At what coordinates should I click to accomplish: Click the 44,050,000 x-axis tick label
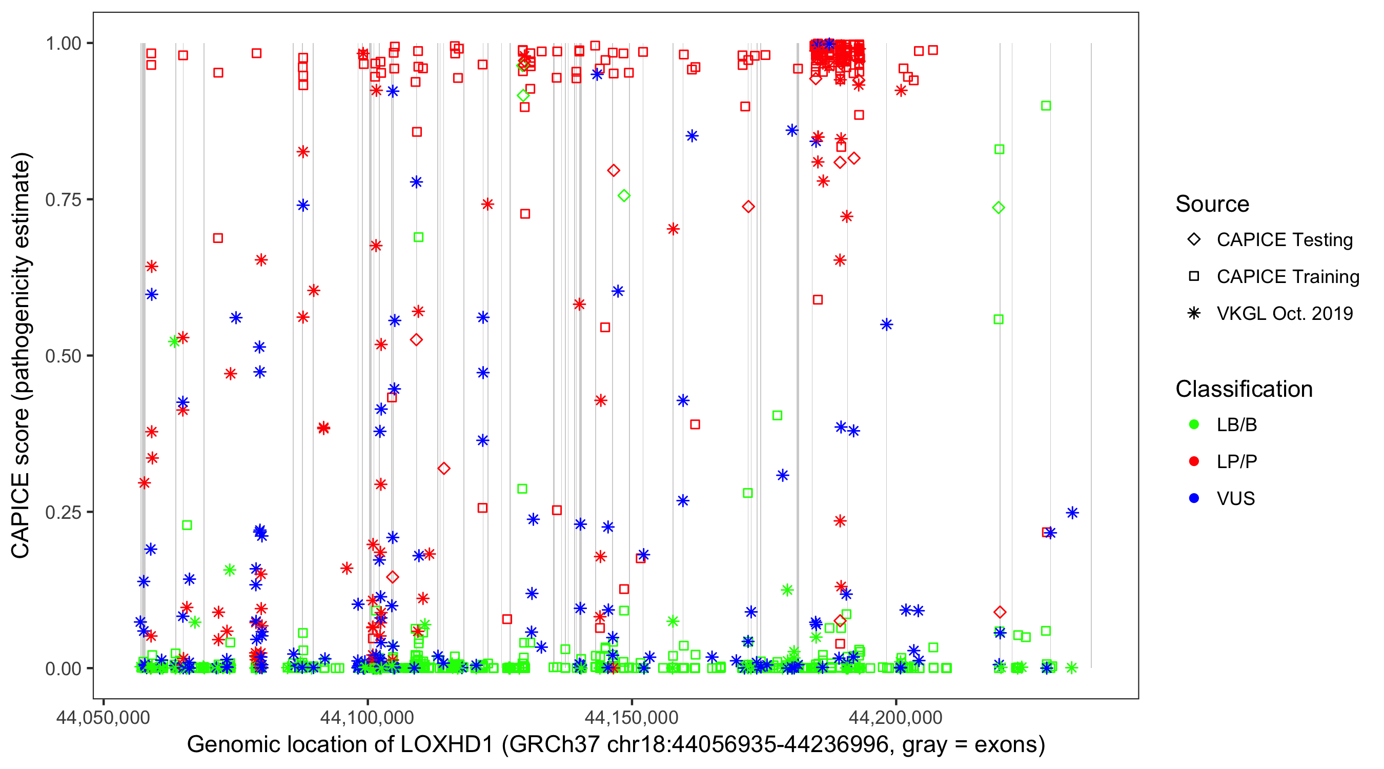coord(103,717)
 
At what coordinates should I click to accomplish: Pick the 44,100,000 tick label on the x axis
coord(368,717)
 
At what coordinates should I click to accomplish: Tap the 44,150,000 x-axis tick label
coord(632,717)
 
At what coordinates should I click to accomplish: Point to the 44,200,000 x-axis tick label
coord(895,717)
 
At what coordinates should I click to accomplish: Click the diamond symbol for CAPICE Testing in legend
coord(1194,240)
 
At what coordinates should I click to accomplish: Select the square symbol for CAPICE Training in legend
coord(1194,277)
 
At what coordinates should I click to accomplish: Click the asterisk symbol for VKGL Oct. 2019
coord(1194,313)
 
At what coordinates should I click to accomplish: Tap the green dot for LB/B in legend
coord(1194,424)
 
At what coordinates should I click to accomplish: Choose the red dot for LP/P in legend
coord(1194,461)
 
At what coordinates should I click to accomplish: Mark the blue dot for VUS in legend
coord(1194,498)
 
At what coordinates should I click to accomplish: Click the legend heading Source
coord(1212,204)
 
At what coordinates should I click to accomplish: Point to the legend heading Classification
coord(1244,389)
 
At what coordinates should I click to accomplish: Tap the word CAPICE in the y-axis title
coord(21,515)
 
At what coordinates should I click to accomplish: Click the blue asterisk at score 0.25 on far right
coord(1072,513)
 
